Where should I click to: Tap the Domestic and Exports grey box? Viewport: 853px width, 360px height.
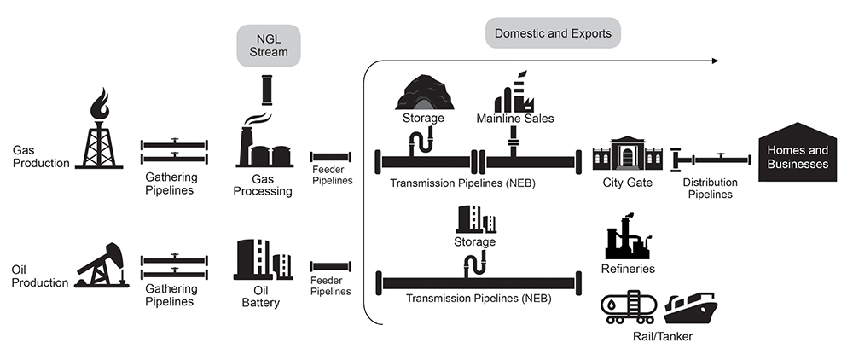pyautogui.click(x=553, y=33)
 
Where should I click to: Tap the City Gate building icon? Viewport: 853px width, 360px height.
pyautogui.click(x=629, y=154)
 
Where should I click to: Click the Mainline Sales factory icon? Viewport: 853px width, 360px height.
pyautogui.click(x=514, y=90)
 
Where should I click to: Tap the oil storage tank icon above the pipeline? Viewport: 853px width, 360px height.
pyautogui.click(x=475, y=219)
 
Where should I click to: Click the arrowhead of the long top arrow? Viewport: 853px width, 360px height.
pyautogui.click(x=716, y=61)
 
